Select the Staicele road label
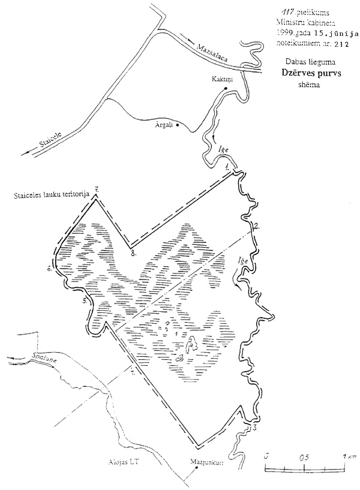(51, 142)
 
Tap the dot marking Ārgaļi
(178, 134)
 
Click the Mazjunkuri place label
(199, 463)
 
